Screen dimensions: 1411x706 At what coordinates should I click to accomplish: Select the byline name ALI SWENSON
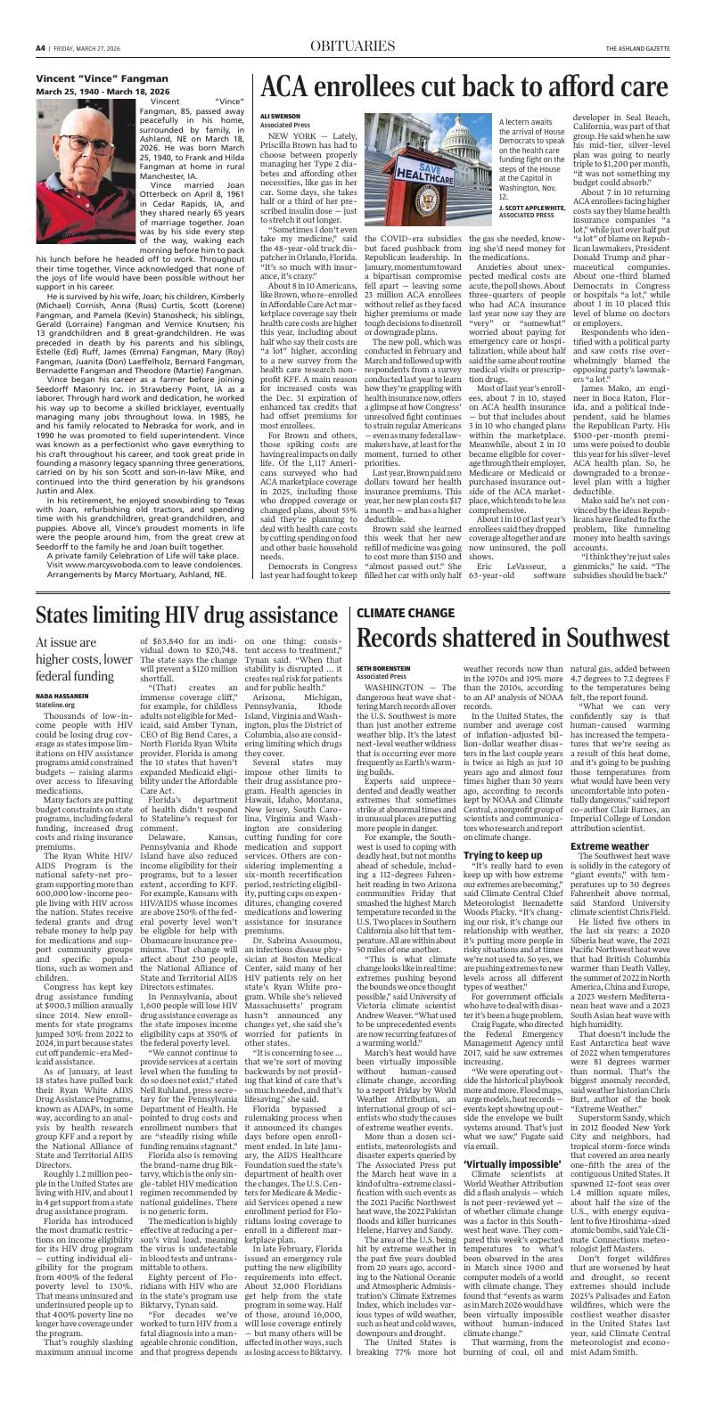click(277, 116)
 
